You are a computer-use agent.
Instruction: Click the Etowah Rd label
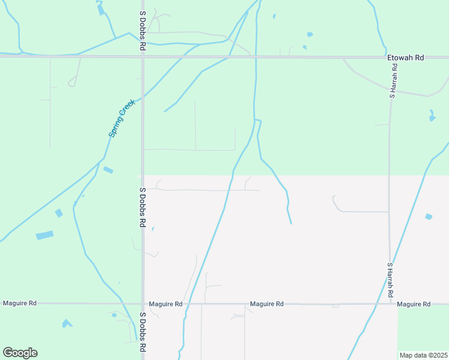click(406, 58)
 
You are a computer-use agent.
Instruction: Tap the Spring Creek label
click(122, 118)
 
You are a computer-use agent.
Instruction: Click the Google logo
click(20, 353)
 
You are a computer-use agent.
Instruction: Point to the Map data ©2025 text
click(423, 355)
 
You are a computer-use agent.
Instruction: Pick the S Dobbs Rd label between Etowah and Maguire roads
click(143, 207)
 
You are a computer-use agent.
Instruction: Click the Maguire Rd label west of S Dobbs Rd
click(20, 304)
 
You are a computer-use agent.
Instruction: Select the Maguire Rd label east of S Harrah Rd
click(414, 304)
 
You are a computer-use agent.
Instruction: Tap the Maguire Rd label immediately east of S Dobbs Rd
click(166, 304)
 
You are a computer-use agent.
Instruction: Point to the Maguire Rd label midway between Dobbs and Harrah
click(267, 304)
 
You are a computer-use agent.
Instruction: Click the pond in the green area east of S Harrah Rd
click(432, 116)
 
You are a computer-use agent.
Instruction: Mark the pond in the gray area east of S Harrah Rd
click(428, 217)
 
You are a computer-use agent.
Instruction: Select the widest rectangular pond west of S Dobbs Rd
click(44, 235)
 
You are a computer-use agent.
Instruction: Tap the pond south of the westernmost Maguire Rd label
click(67, 323)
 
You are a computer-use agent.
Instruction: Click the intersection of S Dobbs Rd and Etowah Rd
click(143, 57)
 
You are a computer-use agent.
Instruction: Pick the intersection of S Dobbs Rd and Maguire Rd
click(143, 304)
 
